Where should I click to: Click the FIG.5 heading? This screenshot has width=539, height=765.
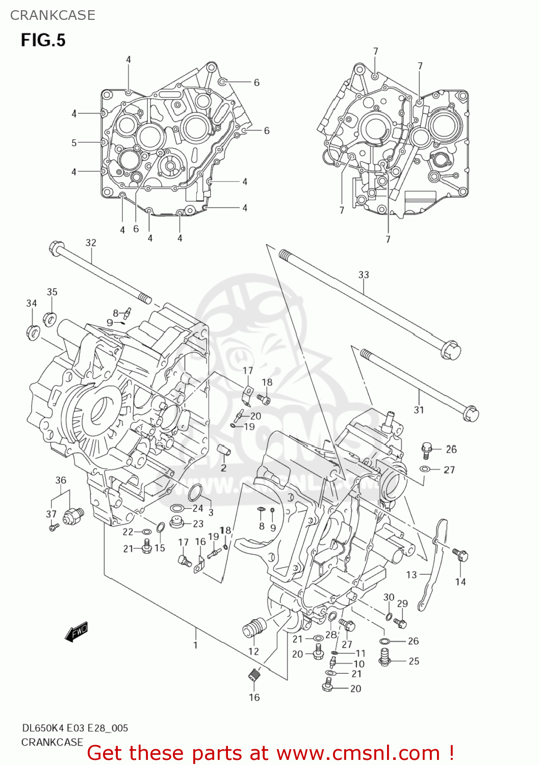point(43,40)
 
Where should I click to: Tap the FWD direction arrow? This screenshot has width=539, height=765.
point(77,631)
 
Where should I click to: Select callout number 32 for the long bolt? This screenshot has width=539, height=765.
point(91,243)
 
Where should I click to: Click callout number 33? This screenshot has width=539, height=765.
point(363,275)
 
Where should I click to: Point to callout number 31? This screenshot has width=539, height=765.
point(419,410)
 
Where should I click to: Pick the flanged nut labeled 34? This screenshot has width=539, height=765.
point(33,332)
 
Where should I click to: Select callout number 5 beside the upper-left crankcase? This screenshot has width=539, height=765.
point(74,143)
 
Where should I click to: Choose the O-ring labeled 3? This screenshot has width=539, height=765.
point(195,493)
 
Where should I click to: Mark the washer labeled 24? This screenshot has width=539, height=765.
point(177,508)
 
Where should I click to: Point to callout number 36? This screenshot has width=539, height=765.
point(61,480)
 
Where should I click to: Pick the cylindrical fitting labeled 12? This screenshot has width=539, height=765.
point(254,626)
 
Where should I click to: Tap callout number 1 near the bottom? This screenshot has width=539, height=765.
point(195,645)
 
